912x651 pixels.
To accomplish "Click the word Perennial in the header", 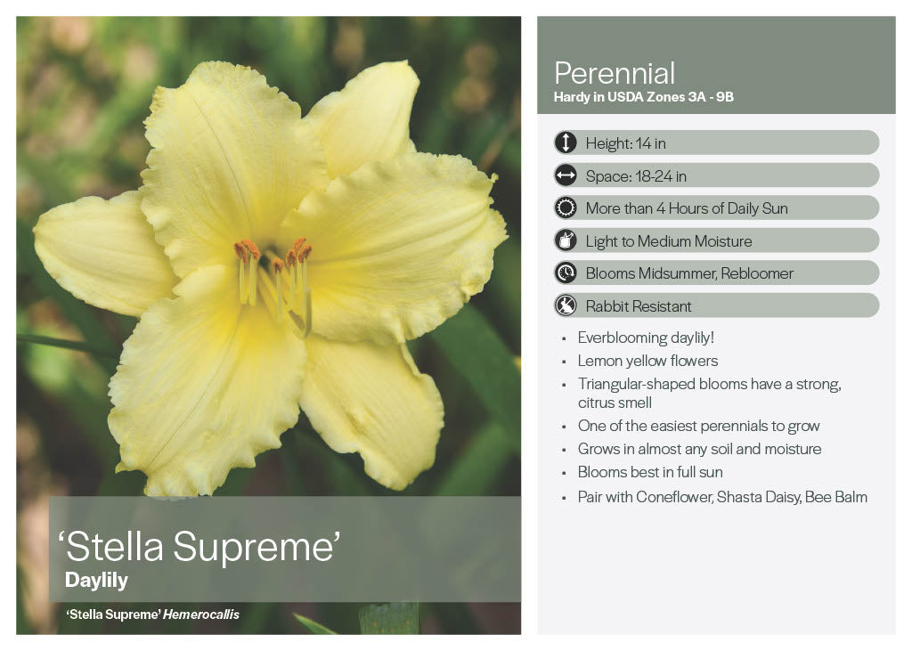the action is point(615,73).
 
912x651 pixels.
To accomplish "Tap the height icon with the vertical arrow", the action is point(566,142).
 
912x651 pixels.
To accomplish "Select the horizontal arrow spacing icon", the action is point(566,175).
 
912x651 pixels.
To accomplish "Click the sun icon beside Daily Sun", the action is point(566,208).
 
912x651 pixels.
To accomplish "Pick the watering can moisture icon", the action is point(566,240).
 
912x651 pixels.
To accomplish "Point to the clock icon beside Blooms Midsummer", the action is point(566,273).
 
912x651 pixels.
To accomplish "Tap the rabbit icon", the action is point(566,305).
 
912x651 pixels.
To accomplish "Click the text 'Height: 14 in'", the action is point(625,143).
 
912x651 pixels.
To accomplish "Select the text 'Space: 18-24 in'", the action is point(636,175).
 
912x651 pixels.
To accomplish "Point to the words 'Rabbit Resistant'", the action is point(638,306).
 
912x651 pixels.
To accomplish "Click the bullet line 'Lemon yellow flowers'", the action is point(647,362).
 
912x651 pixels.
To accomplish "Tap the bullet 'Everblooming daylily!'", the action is point(646,338).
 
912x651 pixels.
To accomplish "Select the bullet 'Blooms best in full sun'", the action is point(650,472).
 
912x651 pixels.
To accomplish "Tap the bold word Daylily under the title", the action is point(96,580).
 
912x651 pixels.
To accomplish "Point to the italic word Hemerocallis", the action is point(200,614).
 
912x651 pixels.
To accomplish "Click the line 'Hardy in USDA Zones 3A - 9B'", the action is point(643,97).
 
